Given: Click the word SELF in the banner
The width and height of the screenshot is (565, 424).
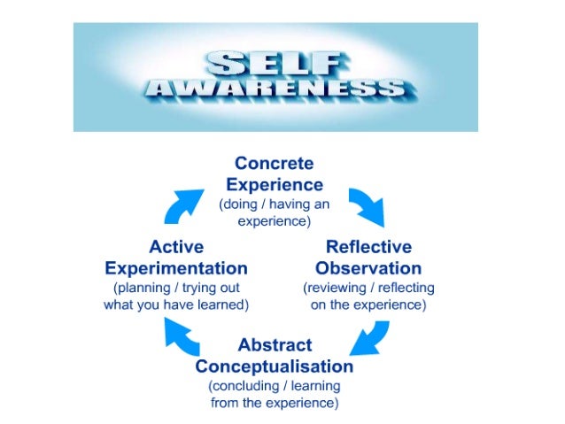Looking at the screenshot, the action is point(275,62).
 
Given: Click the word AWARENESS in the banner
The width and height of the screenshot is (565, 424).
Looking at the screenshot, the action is point(275,89).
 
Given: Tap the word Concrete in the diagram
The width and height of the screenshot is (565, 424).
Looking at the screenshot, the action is point(274,164).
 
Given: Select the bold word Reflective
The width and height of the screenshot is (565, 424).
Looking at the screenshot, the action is point(368,247).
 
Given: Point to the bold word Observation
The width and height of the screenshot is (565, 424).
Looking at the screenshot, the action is point(368,267).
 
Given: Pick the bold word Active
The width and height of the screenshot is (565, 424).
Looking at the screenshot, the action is point(176,247).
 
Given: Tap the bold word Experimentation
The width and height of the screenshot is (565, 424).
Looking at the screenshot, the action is point(176,267).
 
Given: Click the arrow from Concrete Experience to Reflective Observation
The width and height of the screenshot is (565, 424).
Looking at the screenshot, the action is point(366,206).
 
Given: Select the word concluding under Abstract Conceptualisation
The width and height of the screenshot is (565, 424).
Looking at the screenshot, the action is point(244,387).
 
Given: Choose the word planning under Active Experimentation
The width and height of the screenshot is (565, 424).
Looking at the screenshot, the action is point(142,289).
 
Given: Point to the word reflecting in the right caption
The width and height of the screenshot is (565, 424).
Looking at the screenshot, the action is point(405,289).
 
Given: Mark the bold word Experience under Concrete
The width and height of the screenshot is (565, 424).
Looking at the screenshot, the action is point(274,184).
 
